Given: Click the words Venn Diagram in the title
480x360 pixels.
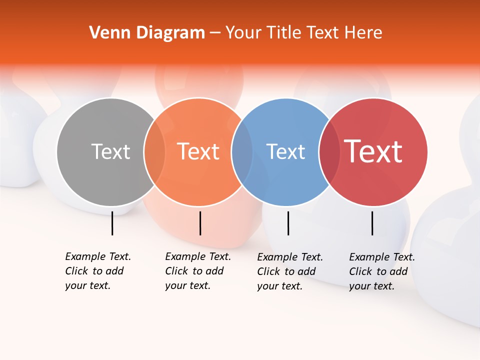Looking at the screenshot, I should click(147, 33).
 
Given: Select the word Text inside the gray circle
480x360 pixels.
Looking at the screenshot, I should click(110, 151).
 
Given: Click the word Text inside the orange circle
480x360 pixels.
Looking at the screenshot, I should click(198, 151).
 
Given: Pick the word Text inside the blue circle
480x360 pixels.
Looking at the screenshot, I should click(285, 151).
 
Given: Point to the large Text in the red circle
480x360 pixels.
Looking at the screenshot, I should click(373, 151).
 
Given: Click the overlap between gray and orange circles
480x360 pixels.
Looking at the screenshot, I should click(154, 152).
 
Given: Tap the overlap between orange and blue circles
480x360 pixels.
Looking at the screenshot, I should click(242, 152).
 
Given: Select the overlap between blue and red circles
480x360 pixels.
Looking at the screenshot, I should click(329, 152).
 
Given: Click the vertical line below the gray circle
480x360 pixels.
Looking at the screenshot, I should click(112, 223).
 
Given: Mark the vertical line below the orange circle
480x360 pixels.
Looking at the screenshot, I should click(200, 223).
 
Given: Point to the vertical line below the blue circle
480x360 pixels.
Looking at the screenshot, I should click(288, 223).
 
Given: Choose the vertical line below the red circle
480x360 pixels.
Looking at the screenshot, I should click(372, 223).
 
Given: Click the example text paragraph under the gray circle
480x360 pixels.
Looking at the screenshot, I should click(97, 271).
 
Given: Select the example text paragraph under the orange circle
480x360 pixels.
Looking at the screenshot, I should click(197, 271).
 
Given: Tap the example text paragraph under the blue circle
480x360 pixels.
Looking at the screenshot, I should click(289, 271).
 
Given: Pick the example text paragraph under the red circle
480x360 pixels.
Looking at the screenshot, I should click(381, 271).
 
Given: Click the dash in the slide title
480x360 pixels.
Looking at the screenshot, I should click(215, 33).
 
